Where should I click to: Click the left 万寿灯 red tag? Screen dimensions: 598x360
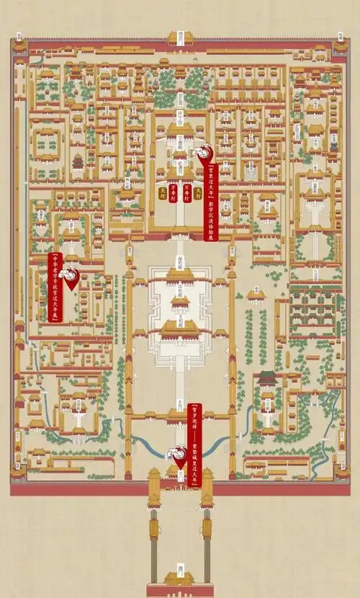pyautogui.click(x=173, y=192)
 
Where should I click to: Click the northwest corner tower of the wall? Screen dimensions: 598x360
pyautogui.click(x=19, y=45)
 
